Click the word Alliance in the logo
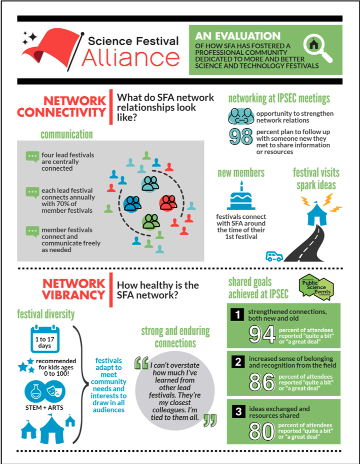131,57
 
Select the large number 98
241,136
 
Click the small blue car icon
274,256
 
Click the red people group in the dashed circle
168,203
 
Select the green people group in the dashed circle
151,222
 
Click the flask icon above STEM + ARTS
35,391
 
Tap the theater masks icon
55,391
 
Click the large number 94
262,335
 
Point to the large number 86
262,382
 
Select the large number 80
262,431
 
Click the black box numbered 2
238,362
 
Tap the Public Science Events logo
316,287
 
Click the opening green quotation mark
141,363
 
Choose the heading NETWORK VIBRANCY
74,289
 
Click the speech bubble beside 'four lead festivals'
32,156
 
